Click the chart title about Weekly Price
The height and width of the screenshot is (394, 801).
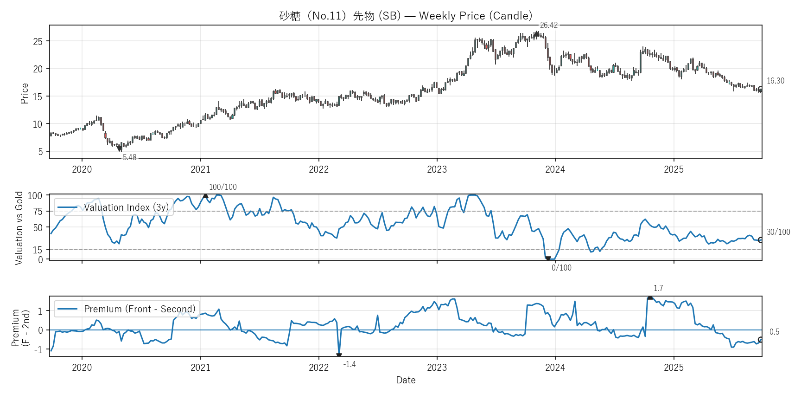(406, 16)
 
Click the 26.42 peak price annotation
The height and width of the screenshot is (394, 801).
(548, 25)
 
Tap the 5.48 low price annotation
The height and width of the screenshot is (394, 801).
(129, 157)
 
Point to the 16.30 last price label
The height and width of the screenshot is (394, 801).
(775, 81)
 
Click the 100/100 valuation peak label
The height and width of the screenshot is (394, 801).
(222, 187)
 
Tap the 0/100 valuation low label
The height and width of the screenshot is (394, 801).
(561, 268)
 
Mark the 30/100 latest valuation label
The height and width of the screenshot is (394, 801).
(778, 232)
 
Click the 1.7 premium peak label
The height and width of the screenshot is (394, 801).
(658, 288)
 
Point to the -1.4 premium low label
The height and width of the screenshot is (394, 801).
(349, 364)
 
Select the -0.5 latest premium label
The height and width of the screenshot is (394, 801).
(773, 332)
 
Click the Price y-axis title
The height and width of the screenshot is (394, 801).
(25, 93)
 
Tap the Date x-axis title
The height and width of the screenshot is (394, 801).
(406, 380)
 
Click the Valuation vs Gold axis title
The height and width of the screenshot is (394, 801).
(19, 228)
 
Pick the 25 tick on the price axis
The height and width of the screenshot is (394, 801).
(38, 42)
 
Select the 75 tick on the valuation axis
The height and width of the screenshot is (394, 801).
(38, 212)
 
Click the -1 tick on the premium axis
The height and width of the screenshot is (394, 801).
(38, 349)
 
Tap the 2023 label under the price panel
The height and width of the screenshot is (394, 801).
(437, 169)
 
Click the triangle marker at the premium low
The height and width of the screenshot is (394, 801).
(339, 355)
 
